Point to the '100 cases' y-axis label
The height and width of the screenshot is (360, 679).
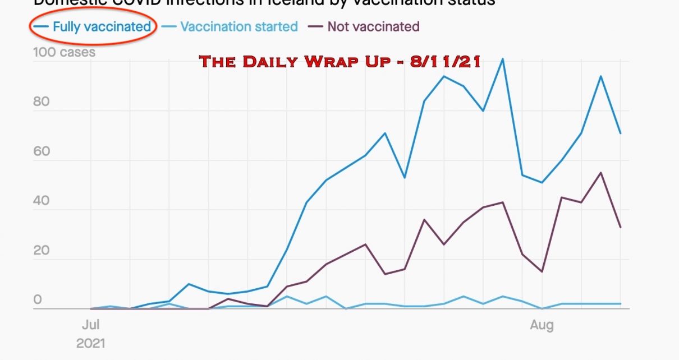pos(64,53)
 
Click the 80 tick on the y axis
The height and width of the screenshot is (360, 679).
pos(42,102)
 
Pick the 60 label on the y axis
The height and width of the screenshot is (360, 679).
pos(42,151)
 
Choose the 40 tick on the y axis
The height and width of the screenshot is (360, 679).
pos(42,201)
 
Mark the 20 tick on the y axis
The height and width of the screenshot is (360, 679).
pos(42,250)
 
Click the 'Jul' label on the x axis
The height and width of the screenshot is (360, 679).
pos(91,325)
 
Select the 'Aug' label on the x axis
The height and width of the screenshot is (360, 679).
pos(542,325)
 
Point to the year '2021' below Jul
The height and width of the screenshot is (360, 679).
pos(91,343)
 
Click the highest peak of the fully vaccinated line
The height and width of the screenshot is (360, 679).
pos(502,59)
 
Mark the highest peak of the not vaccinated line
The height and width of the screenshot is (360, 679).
pos(601,173)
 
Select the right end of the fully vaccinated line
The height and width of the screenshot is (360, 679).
pos(620,133)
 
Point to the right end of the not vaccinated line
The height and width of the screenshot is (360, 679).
pos(620,227)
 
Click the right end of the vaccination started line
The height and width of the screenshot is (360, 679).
pos(620,304)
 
